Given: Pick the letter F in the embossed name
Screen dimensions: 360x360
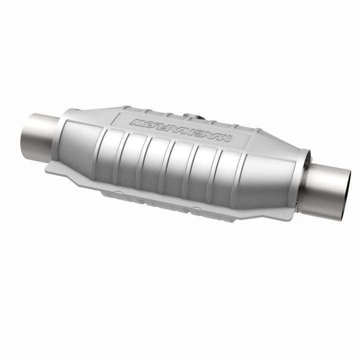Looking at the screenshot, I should click(170, 128).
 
